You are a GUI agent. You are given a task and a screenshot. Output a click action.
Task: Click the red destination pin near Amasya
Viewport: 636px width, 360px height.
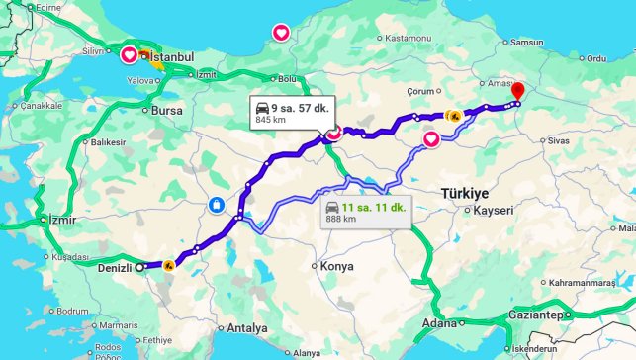(x=518, y=91)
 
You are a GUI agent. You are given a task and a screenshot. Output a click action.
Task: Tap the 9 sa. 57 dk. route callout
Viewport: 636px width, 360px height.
(x=291, y=111)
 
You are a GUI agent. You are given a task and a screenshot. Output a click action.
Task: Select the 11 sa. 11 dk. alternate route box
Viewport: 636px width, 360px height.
(x=365, y=212)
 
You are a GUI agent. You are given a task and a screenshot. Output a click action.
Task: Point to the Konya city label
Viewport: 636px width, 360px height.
(x=336, y=266)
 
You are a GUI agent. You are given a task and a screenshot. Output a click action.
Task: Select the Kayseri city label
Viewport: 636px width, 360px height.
(x=491, y=211)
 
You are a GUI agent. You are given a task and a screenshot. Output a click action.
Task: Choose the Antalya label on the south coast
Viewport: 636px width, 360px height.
(x=247, y=327)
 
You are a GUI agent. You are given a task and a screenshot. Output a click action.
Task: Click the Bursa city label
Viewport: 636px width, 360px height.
(x=166, y=111)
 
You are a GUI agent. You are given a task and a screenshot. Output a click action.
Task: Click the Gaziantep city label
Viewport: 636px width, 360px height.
(x=536, y=315)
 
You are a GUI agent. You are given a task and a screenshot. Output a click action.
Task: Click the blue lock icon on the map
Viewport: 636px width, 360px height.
(x=215, y=205)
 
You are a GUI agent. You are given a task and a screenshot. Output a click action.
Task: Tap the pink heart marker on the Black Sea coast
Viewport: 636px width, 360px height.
(x=281, y=33)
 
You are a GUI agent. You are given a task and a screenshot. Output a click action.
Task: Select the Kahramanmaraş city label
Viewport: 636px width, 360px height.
(x=588, y=282)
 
